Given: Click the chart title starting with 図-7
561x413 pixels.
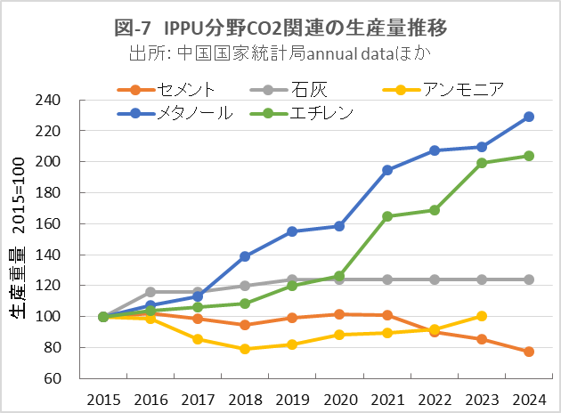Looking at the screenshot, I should pyautogui.click(x=280, y=28).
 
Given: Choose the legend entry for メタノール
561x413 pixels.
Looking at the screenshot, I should pyautogui.click(x=191, y=113).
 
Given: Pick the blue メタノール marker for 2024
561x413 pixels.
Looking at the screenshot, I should pyautogui.click(x=529, y=117).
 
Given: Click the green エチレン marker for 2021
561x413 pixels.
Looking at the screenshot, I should pyautogui.click(x=386, y=216).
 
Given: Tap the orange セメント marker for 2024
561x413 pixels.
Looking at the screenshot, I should pyautogui.click(x=529, y=352).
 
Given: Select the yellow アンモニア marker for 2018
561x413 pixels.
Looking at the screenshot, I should pyautogui.click(x=245, y=349).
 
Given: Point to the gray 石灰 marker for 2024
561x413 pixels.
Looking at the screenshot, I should pyautogui.click(x=529, y=279).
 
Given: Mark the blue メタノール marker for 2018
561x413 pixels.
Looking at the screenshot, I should pyautogui.click(x=245, y=256).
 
